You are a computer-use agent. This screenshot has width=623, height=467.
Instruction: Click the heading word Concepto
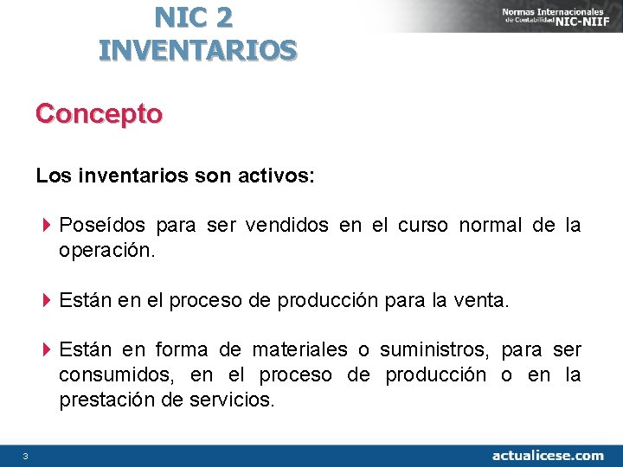[99, 114]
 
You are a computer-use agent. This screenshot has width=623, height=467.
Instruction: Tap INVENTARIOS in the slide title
[197, 49]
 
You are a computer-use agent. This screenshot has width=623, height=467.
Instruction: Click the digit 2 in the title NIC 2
[224, 16]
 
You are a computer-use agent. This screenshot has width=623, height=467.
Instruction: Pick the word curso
[423, 227]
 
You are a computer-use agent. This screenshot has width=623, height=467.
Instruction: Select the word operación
[107, 252]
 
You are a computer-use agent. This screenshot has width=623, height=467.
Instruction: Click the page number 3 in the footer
[26, 456]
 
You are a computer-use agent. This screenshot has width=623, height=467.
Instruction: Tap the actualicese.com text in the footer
[548, 455]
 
